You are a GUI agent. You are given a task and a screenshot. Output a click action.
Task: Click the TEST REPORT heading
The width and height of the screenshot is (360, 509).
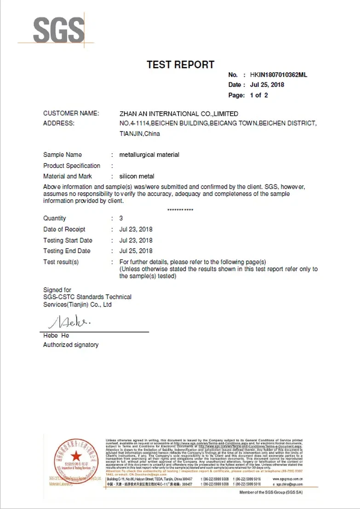(x=180, y=65)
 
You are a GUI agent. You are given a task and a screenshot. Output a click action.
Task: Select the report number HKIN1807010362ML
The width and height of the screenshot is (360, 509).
(x=278, y=75)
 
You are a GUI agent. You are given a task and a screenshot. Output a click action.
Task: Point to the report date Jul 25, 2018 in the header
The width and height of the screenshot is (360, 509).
(x=267, y=85)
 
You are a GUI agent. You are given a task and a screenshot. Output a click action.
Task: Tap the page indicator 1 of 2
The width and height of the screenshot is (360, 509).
(x=259, y=95)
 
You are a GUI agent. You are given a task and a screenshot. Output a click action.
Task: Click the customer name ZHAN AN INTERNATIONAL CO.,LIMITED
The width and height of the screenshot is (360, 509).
(x=179, y=113)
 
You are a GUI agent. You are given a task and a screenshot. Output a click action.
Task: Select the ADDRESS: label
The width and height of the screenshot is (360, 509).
(x=59, y=123)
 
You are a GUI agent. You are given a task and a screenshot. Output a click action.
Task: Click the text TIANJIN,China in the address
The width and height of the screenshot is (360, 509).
(x=140, y=134)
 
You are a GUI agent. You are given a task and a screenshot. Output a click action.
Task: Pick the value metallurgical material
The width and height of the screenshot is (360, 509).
(x=149, y=155)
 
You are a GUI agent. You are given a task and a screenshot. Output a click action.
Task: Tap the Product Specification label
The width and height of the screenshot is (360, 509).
(x=72, y=166)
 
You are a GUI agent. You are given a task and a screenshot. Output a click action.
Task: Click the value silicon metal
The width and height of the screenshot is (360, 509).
(x=137, y=176)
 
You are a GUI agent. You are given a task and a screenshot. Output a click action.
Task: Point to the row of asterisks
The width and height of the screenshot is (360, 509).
(x=180, y=210)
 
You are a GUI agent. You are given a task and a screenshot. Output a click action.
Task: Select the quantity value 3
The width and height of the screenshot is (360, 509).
(x=121, y=218)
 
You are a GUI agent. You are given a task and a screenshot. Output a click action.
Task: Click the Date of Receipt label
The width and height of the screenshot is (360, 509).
(x=64, y=229)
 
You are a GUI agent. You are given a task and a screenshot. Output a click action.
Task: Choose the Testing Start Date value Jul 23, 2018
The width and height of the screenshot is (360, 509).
(x=136, y=240)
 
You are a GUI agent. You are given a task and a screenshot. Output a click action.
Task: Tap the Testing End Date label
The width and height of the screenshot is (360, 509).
(x=67, y=251)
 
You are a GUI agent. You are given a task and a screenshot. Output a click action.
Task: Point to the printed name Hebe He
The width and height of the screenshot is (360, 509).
(x=56, y=335)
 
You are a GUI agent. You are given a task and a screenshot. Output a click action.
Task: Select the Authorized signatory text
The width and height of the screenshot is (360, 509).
(x=71, y=345)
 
